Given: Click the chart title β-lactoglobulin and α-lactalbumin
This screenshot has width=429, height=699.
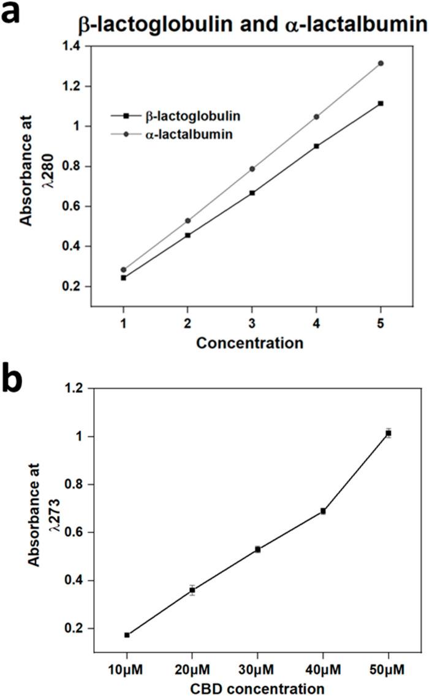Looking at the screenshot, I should click(251, 26).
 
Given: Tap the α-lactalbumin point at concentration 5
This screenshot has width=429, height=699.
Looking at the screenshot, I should click(381, 63).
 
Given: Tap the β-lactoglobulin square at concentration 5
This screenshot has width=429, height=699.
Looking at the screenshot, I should click(381, 103).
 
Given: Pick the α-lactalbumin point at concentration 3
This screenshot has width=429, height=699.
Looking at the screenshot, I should click(252, 168).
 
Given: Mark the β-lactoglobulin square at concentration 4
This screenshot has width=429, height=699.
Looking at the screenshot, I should click(316, 146).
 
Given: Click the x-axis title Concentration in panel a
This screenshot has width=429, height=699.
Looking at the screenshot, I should click(249, 343).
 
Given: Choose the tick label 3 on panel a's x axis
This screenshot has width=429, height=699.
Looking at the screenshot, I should click(252, 321).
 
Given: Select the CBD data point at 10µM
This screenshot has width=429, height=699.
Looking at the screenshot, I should click(127, 635).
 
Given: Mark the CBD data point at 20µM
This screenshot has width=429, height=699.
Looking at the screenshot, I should click(192, 590).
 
